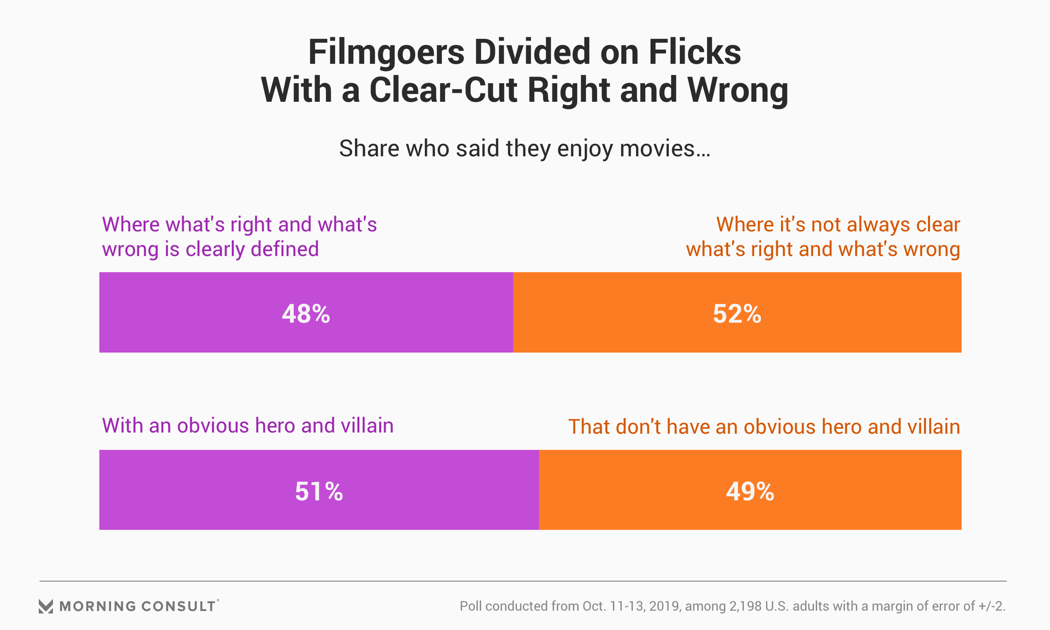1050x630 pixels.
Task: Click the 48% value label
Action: [x=306, y=314]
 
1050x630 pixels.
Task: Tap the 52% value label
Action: [x=737, y=314]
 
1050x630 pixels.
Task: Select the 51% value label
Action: [x=319, y=491]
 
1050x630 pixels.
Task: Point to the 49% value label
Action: [x=750, y=491]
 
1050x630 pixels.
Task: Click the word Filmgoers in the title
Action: [x=386, y=52]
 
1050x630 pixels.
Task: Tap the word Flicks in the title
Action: [x=695, y=52]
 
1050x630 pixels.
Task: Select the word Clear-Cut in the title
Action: [x=443, y=90]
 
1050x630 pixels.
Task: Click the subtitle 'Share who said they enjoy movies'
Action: [x=524, y=148]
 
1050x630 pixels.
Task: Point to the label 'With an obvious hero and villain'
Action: [x=248, y=425]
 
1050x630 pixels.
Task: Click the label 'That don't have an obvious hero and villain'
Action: [x=764, y=427]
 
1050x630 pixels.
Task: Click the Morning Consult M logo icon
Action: [x=46, y=606]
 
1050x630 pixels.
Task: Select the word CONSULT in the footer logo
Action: [x=178, y=606]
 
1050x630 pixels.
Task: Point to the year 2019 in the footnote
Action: [x=664, y=606]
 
